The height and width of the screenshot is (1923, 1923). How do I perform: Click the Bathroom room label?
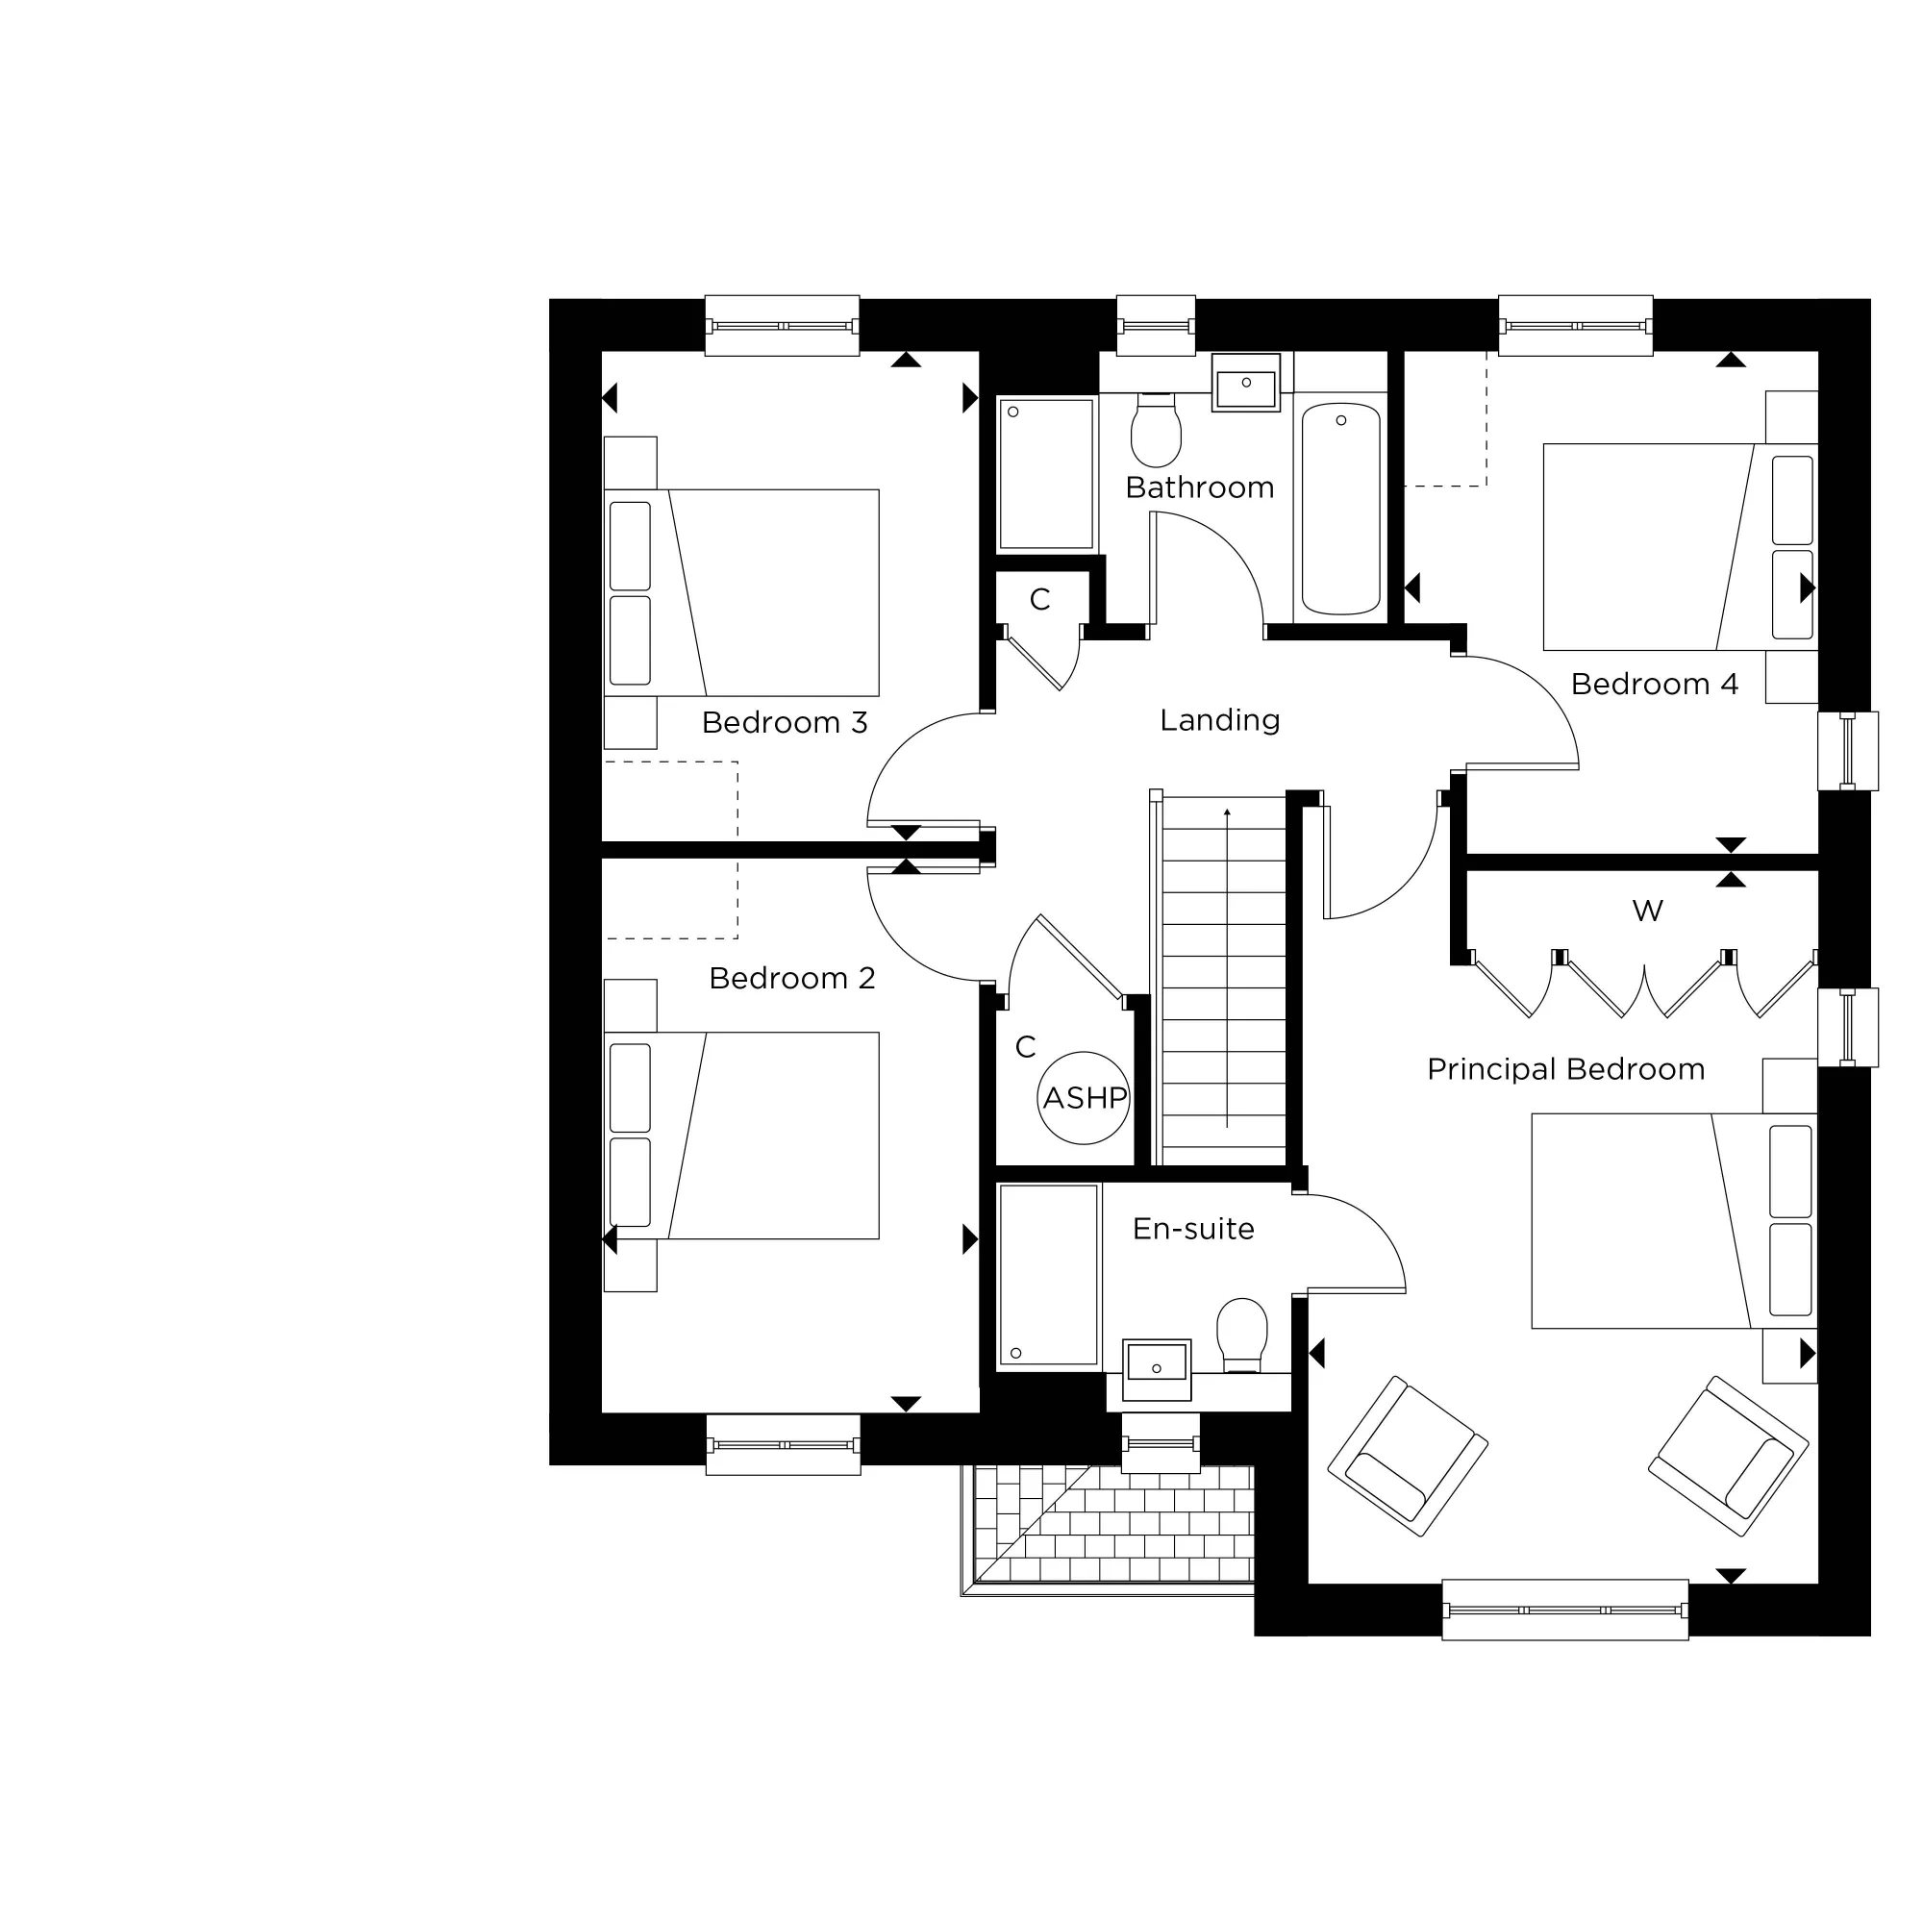1198,487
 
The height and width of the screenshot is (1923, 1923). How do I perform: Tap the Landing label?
1219,719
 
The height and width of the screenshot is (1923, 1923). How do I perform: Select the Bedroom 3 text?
785,723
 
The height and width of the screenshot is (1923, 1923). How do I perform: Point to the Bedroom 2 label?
791,979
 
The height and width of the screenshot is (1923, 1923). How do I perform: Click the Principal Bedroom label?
1564,1069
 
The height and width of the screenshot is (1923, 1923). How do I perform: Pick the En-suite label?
1192,1229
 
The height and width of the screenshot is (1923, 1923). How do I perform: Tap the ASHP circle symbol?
1084,1098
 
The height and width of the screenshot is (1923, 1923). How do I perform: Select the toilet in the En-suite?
1241,1334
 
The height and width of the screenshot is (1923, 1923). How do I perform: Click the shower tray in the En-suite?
1048,1275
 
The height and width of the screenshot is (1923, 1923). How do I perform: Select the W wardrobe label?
1647,910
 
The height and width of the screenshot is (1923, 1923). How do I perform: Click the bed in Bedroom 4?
1679,546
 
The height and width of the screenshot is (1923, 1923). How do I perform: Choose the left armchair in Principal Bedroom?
1407,1455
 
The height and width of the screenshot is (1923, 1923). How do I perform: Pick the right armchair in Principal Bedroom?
1728,1454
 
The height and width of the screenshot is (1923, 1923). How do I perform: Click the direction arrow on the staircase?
1227,965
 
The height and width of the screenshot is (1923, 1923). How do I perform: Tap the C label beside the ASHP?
1025,1046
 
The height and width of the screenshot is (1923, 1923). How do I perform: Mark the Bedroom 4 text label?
1654,684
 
